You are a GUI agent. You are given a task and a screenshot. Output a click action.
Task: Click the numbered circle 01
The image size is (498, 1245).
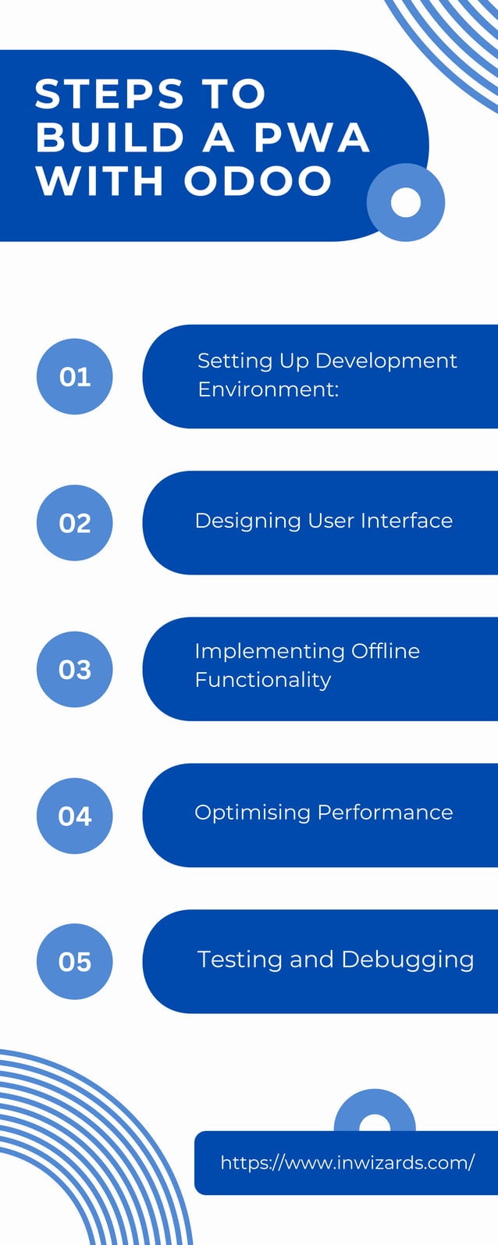tap(75, 377)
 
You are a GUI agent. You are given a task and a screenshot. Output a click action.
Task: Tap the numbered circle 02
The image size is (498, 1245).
tap(75, 523)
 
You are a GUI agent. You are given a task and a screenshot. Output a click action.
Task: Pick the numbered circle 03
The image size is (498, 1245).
tap(75, 670)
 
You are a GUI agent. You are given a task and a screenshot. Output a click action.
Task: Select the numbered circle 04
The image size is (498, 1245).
tap(75, 816)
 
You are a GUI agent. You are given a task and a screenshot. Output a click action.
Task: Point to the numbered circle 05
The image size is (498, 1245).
tap(75, 962)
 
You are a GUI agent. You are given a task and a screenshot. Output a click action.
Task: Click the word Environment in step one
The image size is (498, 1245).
tap(268, 389)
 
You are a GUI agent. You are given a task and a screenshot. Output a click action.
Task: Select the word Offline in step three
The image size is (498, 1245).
tap(385, 651)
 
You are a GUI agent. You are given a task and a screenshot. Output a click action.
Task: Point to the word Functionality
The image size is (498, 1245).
tap(263, 680)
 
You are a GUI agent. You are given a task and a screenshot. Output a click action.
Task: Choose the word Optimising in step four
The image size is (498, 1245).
tap(252, 813)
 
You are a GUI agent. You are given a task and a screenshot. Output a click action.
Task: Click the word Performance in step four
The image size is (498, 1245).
tap(385, 813)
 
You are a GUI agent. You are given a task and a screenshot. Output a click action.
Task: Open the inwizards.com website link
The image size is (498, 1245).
tap(347, 1162)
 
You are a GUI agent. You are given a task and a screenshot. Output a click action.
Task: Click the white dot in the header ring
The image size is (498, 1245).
tap(405, 202)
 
